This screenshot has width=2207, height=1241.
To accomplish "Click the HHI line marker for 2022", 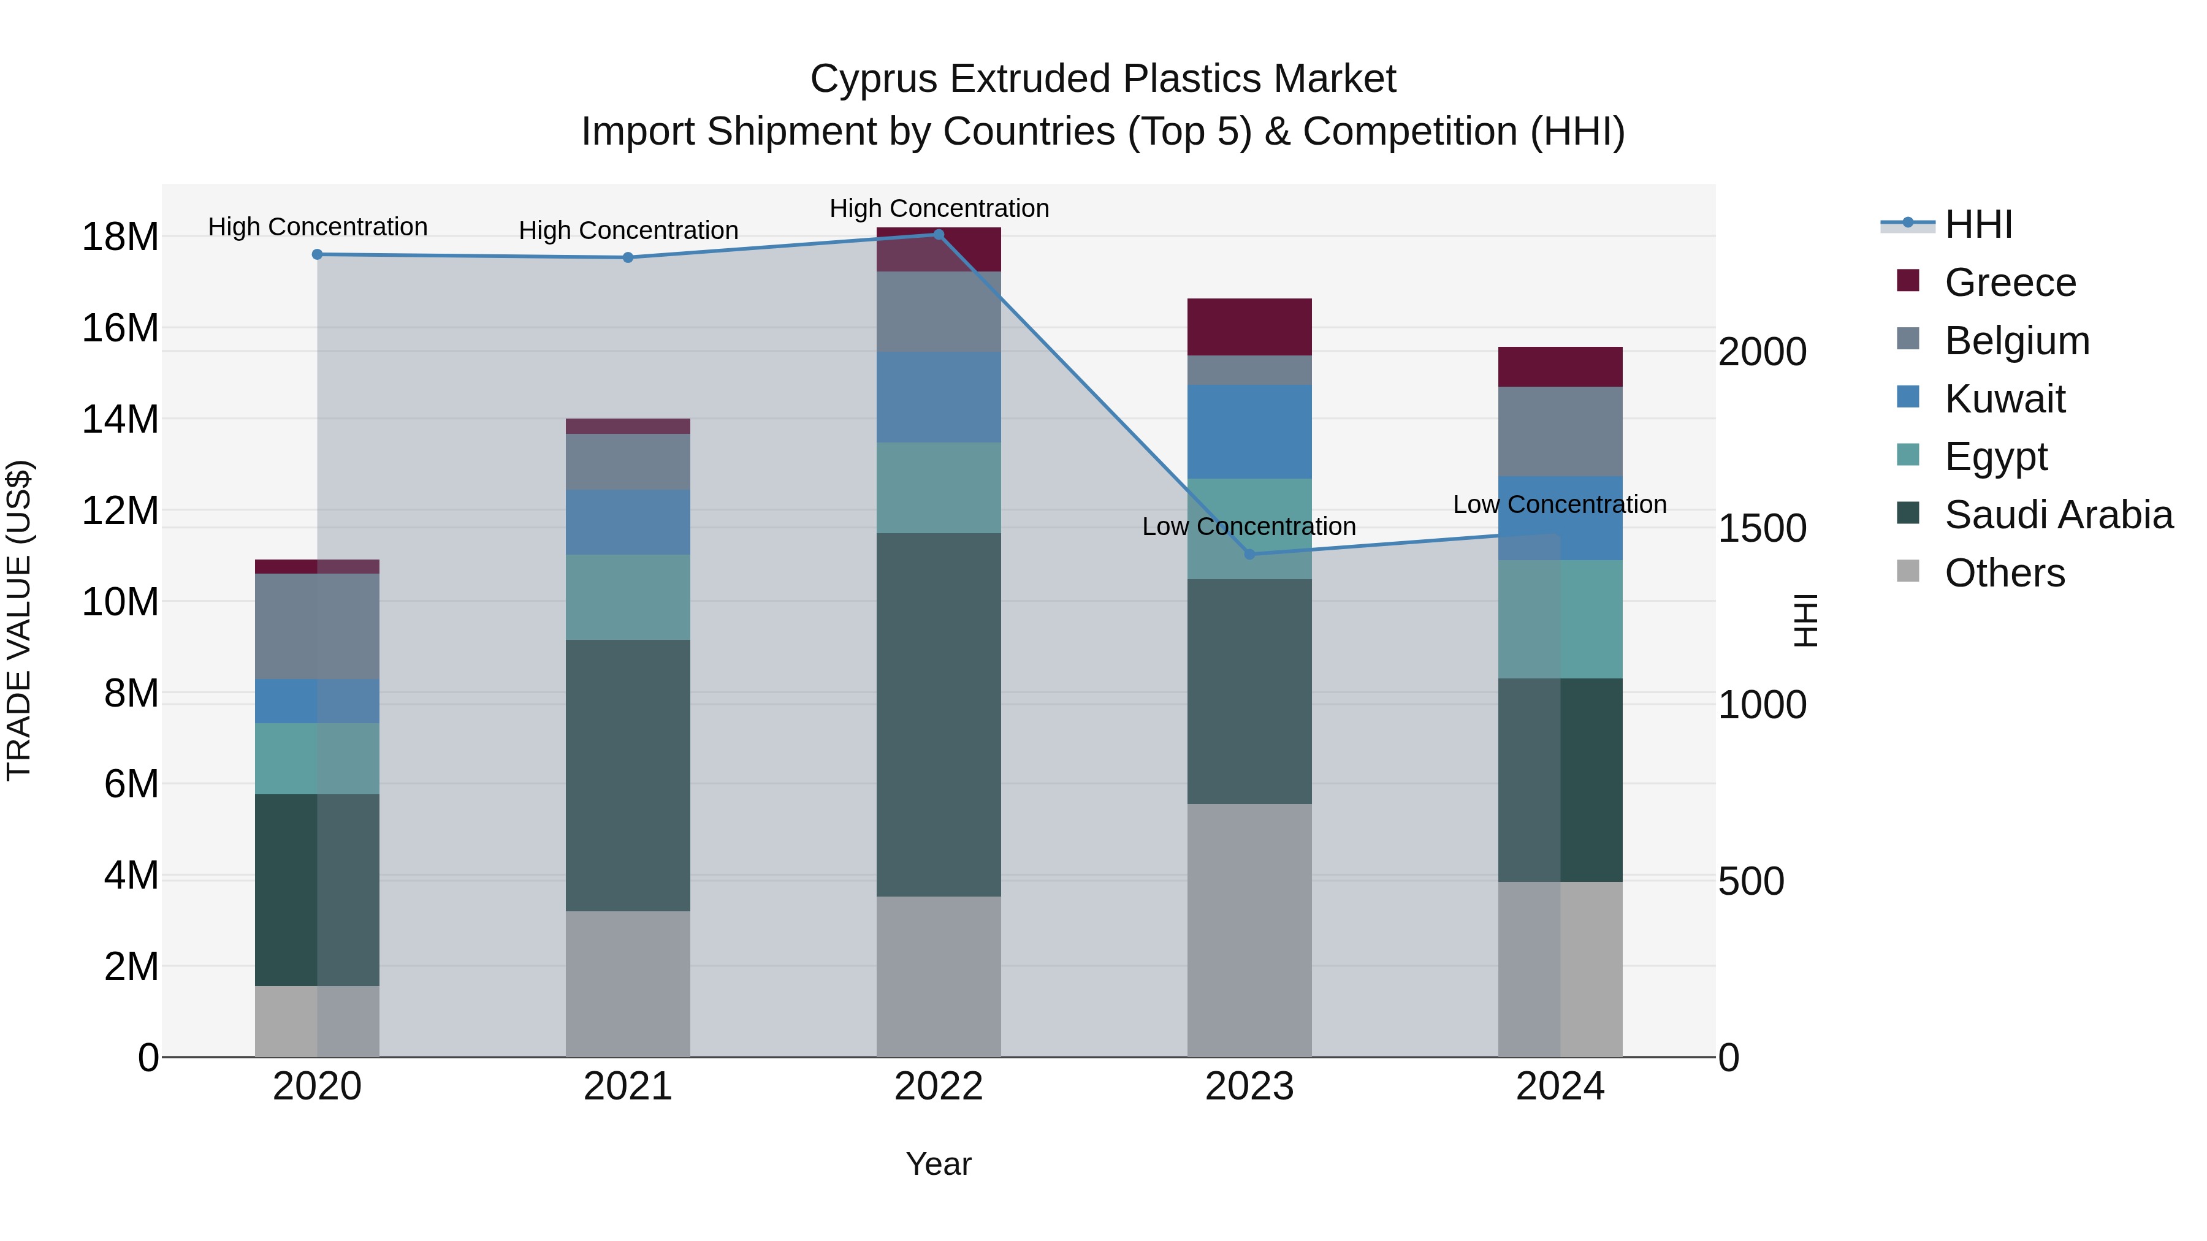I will tap(938, 234).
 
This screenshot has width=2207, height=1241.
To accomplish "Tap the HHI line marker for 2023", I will tap(1249, 554).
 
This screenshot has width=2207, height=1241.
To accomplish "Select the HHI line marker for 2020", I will tap(317, 254).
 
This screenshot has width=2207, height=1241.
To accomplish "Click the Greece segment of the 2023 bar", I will tap(1249, 327).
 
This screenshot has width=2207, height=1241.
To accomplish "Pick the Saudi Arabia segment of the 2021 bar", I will tap(628, 775).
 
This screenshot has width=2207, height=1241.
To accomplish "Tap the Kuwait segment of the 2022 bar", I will tap(938, 397).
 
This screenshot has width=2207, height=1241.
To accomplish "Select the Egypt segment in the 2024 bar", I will tap(1560, 619).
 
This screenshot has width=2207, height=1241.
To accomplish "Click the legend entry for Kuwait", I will tap(2004, 399).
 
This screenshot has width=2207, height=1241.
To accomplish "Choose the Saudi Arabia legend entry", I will tap(2058, 515).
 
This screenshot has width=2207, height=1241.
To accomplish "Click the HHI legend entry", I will tap(1977, 224).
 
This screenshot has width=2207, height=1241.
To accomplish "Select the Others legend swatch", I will tap(1908, 571).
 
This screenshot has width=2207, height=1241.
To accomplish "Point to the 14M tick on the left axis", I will tap(120, 420).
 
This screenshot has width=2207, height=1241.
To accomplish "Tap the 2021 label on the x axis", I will tap(628, 1087).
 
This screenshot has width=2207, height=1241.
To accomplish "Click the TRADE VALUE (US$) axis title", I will tap(19, 620).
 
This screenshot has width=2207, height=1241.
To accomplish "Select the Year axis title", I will tap(938, 1164).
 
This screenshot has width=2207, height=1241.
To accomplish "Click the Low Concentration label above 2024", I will tap(1559, 504).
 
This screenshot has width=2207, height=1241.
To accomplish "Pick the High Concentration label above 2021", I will tap(628, 230).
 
